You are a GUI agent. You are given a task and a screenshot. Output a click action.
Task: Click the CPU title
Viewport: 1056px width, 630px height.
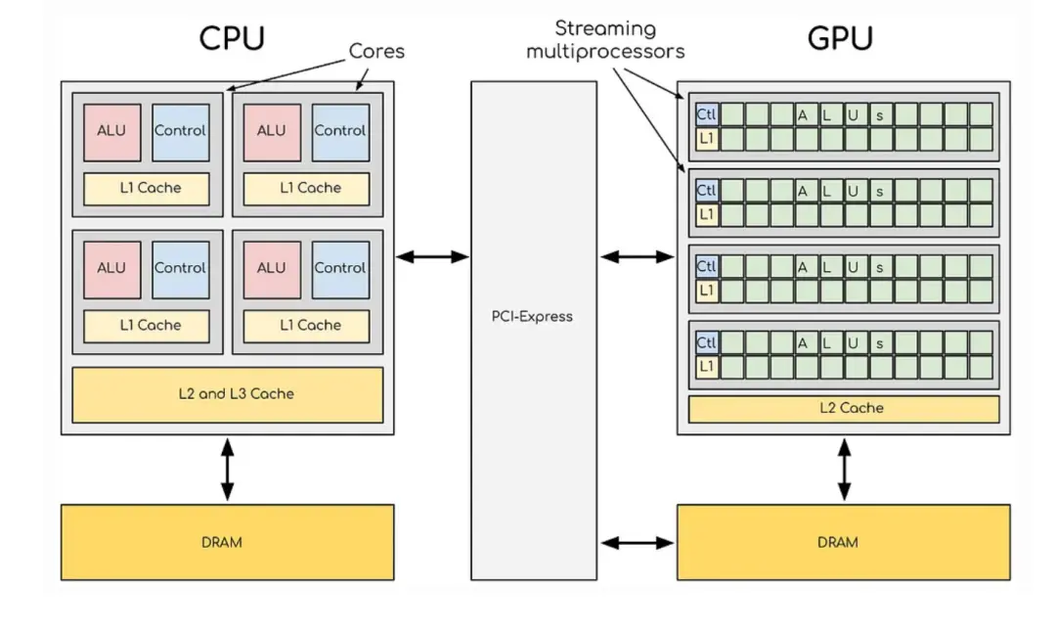(232, 38)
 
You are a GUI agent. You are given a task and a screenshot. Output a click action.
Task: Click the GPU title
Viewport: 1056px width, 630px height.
(840, 38)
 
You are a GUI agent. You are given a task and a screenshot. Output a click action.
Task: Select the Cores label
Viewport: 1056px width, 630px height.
(377, 51)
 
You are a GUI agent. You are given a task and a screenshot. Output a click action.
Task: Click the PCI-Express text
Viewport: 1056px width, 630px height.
(533, 316)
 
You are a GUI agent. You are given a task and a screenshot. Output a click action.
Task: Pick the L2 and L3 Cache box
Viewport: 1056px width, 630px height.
(227, 394)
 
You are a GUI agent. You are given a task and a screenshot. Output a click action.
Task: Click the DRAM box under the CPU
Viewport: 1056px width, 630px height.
(227, 541)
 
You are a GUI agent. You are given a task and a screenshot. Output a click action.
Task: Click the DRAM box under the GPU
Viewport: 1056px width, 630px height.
(843, 541)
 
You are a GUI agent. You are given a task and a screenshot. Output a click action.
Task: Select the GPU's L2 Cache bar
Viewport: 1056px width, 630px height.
(843, 408)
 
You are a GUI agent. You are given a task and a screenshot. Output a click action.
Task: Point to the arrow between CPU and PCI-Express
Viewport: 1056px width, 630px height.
(432, 256)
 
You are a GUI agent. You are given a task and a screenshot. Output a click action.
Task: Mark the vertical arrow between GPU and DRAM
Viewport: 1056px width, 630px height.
(843, 470)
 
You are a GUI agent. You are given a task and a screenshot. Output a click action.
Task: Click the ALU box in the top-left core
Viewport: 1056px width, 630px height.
(111, 131)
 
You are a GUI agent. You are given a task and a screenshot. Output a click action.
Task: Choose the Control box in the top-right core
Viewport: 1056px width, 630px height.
(340, 131)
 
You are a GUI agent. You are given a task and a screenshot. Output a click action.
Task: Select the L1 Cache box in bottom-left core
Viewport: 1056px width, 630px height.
(150, 325)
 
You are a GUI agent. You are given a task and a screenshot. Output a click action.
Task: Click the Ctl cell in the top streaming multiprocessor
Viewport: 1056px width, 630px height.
(706, 114)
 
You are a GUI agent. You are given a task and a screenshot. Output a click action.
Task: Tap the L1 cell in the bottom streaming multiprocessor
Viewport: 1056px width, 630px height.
(706, 367)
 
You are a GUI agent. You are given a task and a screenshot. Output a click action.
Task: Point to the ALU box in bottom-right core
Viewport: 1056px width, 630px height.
(272, 268)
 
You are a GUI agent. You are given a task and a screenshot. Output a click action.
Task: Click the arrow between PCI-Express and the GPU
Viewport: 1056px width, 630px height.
(637, 256)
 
